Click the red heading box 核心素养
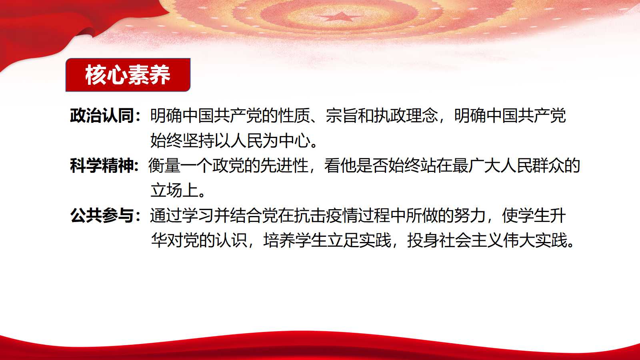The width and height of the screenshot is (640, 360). [128, 75]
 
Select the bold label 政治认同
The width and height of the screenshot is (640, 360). [102, 116]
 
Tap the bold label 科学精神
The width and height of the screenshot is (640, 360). [102, 166]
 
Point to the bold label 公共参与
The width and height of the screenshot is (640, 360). [102, 216]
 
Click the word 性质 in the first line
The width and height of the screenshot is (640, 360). [294, 116]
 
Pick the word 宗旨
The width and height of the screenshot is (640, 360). [342, 116]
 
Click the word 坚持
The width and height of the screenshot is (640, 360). [198, 140]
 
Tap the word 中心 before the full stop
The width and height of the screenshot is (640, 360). [294, 140]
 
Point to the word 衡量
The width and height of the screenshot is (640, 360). [164, 166]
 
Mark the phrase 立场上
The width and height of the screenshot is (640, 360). [174, 190]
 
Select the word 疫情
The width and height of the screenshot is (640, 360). [342, 216]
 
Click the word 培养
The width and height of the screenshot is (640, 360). [278, 240]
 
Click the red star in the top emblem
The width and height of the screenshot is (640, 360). [340, 16]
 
